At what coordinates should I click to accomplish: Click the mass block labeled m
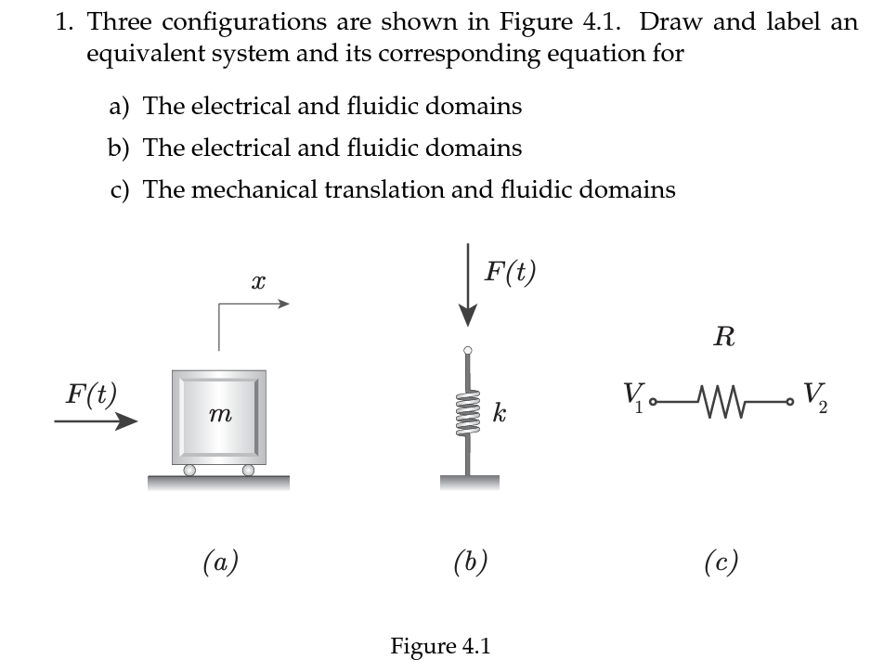[219, 418]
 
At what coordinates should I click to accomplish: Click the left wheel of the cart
[188, 471]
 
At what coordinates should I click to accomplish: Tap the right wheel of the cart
[248, 471]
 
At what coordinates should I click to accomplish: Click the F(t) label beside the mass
[89, 394]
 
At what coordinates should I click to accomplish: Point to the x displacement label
[259, 279]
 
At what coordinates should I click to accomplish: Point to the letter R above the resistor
[724, 338]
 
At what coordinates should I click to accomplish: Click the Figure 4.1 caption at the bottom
[438, 645]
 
